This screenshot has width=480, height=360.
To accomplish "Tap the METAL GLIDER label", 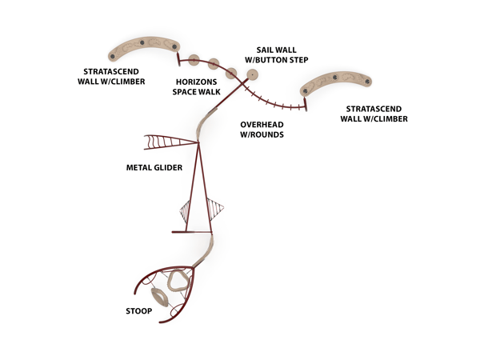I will pyautogui.click(x=154, y=167).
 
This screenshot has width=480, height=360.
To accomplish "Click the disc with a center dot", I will pyautogui.click(x=253, y=75).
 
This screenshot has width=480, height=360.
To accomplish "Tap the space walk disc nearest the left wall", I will pyautogui.click(x=194, y=59).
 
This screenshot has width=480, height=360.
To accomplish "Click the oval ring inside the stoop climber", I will pyautogui.click(x=161, y=298).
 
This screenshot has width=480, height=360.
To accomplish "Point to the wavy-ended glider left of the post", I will pyautogui.click(x=169, y=142).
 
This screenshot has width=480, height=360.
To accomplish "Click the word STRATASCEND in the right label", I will pyautogui.click(x=374, y=108).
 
